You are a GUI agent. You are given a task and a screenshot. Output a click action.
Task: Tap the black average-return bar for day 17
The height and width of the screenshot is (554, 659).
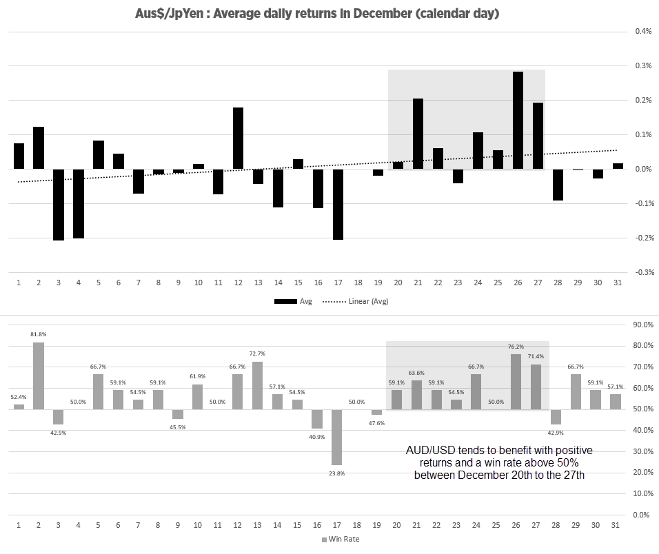[x=338, y=204]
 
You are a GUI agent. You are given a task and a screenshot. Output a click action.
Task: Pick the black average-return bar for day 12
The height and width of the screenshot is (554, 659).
[x=238, y=138]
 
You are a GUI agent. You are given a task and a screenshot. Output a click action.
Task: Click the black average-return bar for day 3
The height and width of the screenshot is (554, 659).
[x=59, y=205]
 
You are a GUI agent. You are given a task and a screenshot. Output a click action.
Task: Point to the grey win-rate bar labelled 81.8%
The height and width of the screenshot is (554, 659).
[x=39, y=376]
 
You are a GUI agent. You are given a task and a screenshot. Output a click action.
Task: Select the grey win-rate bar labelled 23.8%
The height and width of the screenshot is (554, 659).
[x=338, y=437]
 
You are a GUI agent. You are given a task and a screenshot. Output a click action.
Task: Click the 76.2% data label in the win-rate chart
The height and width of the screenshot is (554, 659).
[x=516, y=347]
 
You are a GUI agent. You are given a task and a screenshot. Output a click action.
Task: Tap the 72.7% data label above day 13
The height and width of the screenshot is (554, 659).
[x=258, y=353]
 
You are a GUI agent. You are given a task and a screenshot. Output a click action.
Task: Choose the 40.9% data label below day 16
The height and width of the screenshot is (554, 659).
[x=318, y=437]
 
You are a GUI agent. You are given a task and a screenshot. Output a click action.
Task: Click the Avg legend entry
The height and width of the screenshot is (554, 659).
[x=293, y=301]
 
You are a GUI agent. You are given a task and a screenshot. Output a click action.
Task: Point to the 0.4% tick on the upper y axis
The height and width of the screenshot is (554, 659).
[x=643, y=31]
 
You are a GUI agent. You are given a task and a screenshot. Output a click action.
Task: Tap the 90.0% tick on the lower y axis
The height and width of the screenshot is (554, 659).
[x=642, y=325]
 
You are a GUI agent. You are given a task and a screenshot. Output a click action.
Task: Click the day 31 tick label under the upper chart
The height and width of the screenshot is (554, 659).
[x=618, y=283]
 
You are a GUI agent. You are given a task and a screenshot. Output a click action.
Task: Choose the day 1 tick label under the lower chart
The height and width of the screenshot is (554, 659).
[x=19, y=525]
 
